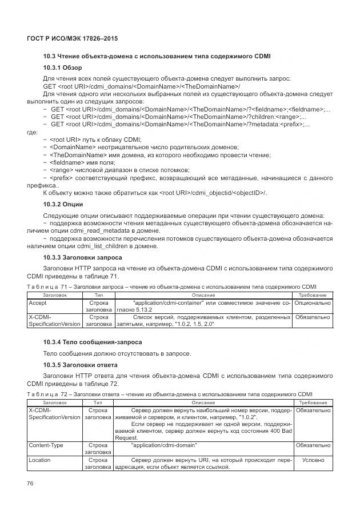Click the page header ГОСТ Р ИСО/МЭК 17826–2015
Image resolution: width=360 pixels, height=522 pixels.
pyautogui.click(x=72, y=38)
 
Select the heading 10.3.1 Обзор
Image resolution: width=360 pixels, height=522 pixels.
pyautogui.click(x=63, y=68)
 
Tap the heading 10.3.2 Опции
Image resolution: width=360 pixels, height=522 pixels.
pyautogui.click(x=63, y=204)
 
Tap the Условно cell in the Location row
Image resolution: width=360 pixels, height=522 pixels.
pyautogui.click(x=312, y=459)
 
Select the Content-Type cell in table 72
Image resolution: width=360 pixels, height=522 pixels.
pyautogui.click(x=46, y=444)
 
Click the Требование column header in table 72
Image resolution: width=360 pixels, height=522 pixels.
pyautogui.click(x=312, y=403)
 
